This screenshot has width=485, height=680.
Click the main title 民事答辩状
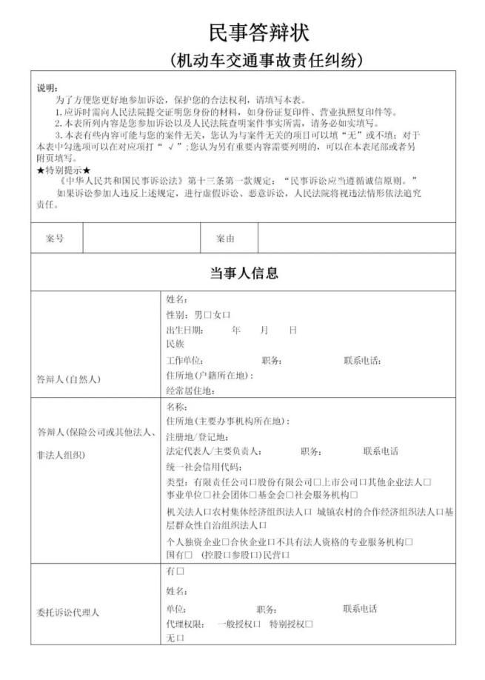258,33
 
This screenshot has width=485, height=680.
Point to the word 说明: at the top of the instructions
47,87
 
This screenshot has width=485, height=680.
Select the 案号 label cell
56,239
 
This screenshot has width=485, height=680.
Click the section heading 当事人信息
244,273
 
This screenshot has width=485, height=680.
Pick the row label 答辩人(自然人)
69,379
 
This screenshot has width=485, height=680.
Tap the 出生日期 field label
185,330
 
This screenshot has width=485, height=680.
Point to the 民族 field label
175,344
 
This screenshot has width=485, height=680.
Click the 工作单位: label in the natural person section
185,361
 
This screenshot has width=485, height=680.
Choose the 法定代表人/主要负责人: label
214,451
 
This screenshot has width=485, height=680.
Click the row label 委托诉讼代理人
69,613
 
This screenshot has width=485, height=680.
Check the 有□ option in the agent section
175,572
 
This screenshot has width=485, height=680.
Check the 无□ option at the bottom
175,637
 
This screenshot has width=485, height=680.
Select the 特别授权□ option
290,624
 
